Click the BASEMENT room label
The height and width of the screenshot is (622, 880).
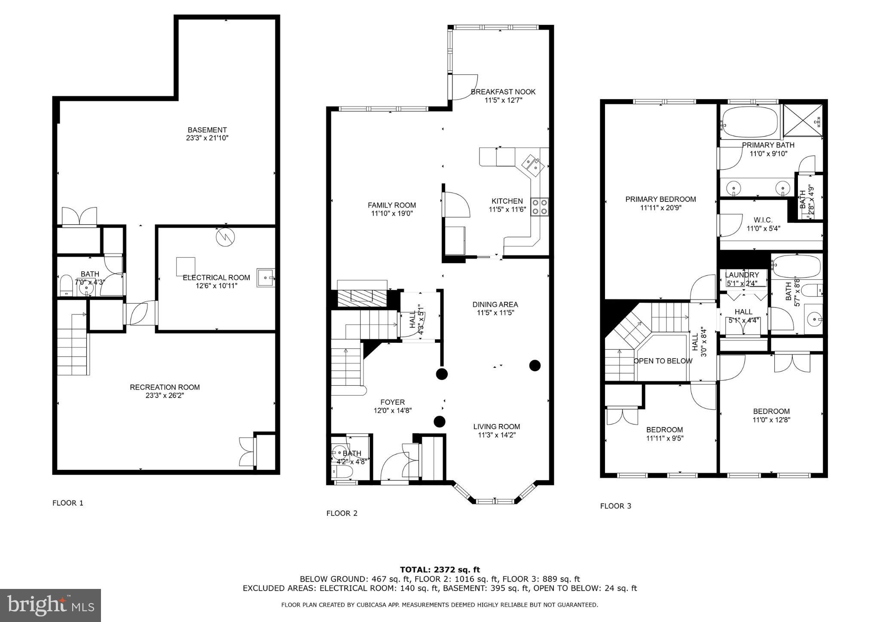[x=207, y=130]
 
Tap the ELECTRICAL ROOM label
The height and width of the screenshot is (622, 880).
[x=216, y=277]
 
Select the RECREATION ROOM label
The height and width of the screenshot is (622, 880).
[x=165, y=387]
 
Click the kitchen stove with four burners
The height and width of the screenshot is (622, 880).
[x=539, y=207]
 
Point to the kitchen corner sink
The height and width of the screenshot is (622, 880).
[x=533, y=165]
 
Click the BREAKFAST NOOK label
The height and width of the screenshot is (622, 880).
[x=503, y=91]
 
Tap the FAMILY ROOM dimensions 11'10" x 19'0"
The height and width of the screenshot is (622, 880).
[x=391, y=213]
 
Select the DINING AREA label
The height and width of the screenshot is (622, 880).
[x=495, y=305]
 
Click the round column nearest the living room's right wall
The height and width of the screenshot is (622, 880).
[x=535, y=366]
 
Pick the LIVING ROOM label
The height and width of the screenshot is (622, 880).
[x=496, y=427]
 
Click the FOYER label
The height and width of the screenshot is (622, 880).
[x=392, y=402]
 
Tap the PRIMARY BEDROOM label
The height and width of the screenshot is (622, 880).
[x=660, y=199]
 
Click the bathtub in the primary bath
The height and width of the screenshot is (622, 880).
[x=750, y=122]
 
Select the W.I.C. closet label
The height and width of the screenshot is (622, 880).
[x=763, y=220]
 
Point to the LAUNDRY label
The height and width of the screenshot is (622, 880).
[x=742, y=275]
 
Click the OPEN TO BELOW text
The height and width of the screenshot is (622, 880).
[x=663, y=361]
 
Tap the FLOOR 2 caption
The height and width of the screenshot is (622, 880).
[x=342, y=513]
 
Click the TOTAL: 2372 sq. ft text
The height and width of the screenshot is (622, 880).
[x=440, y=570]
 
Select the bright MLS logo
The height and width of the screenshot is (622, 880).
[x=50, y=605]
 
